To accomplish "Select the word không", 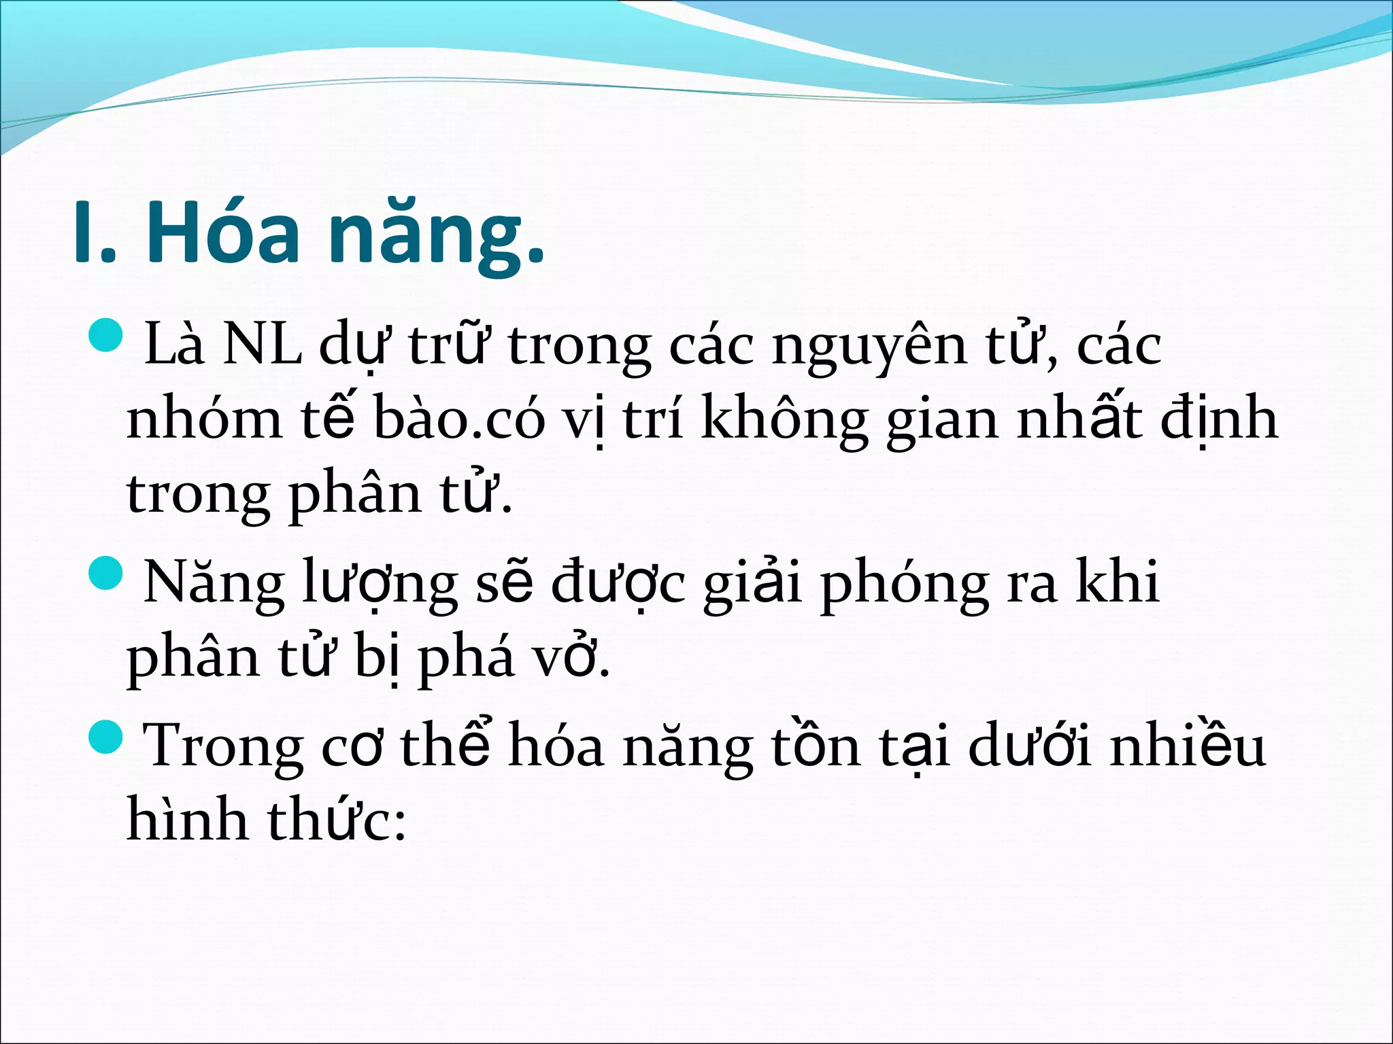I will pyautogui.click(x=784, y=420).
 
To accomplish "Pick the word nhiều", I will pyautogui.click(x=1187, y=746).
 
